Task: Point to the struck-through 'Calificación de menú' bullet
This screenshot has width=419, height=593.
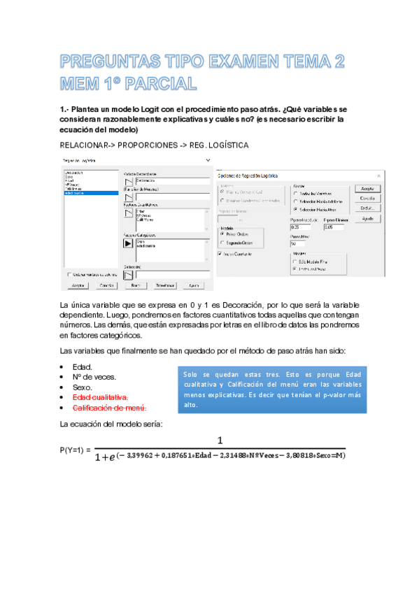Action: pyautogui.click(x=109, y=408)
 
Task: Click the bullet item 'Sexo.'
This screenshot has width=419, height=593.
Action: pyautogui.click(x=82, y=387)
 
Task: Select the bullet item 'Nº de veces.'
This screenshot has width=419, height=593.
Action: pyautogui.click(x=92, y=376)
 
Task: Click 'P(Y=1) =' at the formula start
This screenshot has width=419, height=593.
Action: pyautogui.click(x=76, y=449)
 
